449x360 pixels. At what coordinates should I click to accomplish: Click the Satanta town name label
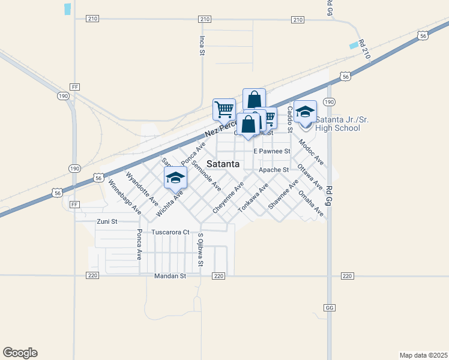point(223,164)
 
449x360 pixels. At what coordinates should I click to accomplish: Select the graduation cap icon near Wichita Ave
point(176,177)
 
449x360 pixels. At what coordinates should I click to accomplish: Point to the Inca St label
point(202,45)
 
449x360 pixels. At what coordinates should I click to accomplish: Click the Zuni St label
point(106,221)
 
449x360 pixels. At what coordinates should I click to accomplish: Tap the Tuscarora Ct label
point(170,232)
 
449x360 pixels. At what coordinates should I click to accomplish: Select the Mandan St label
point(170,276)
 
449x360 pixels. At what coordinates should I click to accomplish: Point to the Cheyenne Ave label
point(228,198)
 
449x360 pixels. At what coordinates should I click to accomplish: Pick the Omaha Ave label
point(311,204)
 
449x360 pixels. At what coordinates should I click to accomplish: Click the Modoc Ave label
point(312,152)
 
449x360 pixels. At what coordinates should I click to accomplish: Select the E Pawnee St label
point(272,151)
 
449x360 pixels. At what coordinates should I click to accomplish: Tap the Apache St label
point(274,170)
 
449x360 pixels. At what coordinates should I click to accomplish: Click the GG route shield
point(330,307)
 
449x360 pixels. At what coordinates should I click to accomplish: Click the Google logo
point(20,353)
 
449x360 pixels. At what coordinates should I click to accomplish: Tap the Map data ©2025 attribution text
point(423,355)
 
